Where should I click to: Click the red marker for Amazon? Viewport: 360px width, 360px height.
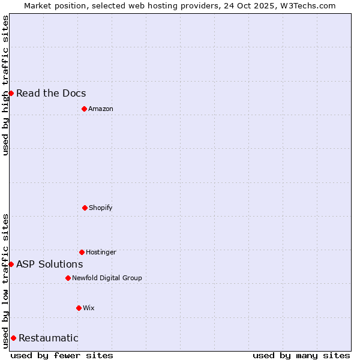pos(84,109)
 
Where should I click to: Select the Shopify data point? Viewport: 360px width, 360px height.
pos(85,208)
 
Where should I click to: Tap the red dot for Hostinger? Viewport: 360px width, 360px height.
pos(82,252)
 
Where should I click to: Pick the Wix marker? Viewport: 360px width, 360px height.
pos(79,308)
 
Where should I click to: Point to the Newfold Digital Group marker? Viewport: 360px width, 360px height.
pos(68,278)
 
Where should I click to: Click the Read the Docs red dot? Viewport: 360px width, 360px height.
pos(11,93)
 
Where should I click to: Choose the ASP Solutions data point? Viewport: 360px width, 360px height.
pos(11,264)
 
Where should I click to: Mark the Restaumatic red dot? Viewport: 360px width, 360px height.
pos(13,338)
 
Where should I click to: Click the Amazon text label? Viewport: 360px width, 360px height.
pos(101,109)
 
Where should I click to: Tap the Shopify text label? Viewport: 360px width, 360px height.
pos(101,208)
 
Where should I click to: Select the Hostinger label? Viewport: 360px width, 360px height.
pos(101,252)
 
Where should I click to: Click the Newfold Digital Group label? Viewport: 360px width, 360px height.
pos(107,278)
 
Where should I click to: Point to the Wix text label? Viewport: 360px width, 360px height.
pos(89,308)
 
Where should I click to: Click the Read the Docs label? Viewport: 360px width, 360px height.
pos(51,93)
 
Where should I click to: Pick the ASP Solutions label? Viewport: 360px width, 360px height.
pos(50,264)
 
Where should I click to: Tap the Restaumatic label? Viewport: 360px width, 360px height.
pos(49,338)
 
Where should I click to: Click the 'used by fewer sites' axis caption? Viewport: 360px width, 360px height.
pos(62,355)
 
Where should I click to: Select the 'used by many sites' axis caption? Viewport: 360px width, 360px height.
pos(301,355)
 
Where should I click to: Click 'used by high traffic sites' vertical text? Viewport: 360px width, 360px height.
pos(5,85)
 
